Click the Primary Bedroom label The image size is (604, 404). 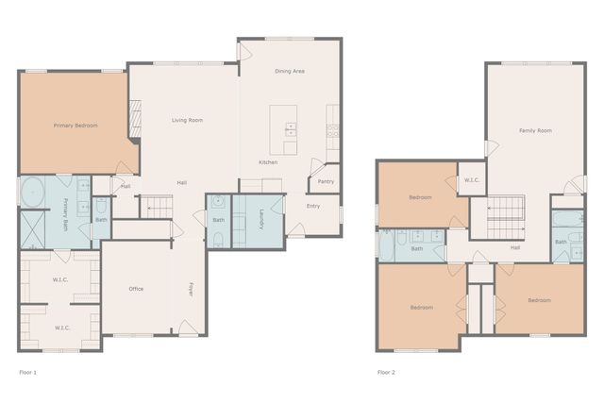coord(75,126)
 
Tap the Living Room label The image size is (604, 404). coord(187,120)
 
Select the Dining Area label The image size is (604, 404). coord(289,71)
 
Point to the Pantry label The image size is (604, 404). coord(326,181)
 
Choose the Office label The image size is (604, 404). coord(136,289)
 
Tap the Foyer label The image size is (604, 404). coord(190,289)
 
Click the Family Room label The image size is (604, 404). coord(535,130)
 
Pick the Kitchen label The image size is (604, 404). coord(268,162)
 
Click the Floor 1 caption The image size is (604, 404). coord(28,372)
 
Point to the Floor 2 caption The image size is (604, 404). coord(386,372)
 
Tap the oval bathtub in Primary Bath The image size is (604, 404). coord(31,192)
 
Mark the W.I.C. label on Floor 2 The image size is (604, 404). coord(471,180)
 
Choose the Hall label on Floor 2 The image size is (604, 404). coord(515,247)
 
